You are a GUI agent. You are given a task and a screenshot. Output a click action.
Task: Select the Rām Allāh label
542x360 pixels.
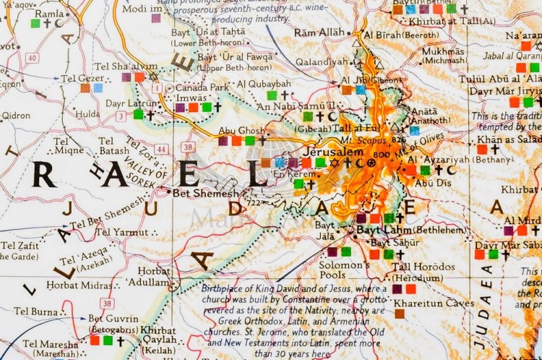click(x=319, y=33)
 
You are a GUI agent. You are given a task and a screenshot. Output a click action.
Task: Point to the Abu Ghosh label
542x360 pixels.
click(x=238, y=131)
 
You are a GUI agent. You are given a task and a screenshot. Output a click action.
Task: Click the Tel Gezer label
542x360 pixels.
click(x=82, y=77)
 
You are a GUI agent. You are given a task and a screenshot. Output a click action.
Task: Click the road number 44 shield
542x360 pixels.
click(x=162, y=149)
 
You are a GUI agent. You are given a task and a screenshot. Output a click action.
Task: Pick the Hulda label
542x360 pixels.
click(x=87, y=114)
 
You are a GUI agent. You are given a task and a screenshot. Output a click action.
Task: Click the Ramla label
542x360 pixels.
click(x=49, y=13)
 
